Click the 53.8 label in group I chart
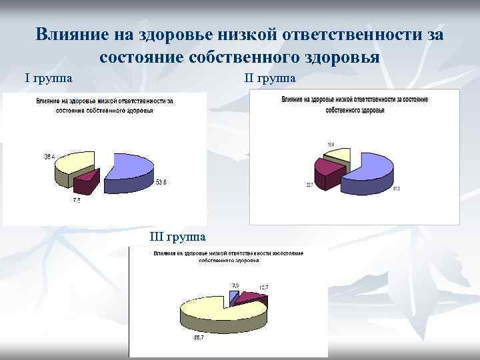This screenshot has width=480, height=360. pyautogui.click(x=161, y=182)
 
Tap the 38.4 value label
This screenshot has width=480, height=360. pyautogui.click(x=50, y=157)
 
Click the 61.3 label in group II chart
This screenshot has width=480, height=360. pyautogui.click(x=395, y=189)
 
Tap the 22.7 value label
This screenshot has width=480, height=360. pyautogui.click(x=309, y=185)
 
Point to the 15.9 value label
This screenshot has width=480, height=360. pyautogui.click(x=331, y=144)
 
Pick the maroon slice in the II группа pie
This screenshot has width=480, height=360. pyautogui.click(x=327, y=170)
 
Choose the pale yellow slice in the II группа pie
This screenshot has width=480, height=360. pyautogui.click(x=337, y=156)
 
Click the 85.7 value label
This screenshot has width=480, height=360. pyautogui.click(x=199, y=338)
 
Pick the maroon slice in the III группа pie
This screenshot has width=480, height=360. pyautogui.click(x=249, y=298)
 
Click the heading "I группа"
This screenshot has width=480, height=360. pyautogui.click(x=49, y=78)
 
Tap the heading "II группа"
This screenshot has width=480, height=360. pyautogui.click(x=270, y=78)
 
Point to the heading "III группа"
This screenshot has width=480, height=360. pyautogui.click(x=178, y=237)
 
